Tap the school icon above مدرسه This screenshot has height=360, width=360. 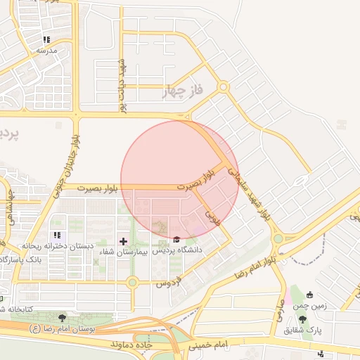point(46,40)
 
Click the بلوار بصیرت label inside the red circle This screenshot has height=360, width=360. point(194,181)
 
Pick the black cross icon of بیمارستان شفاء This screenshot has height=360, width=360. point(124,241)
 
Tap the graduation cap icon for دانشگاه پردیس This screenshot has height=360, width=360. point(176,239)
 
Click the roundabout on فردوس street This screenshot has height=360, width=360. point(131,283)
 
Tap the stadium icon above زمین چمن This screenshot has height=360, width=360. point(310,295)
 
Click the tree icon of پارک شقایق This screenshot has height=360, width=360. point(302,319)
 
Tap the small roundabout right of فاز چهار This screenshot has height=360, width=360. point(224,87)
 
